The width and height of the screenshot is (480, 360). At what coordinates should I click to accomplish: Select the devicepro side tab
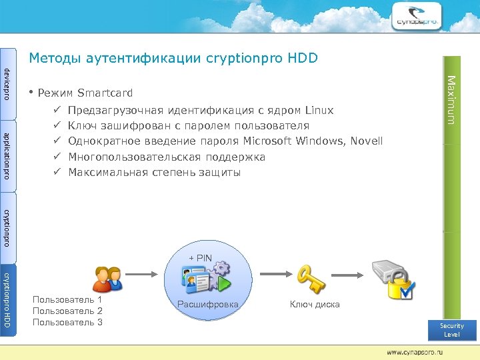tap(7, 83)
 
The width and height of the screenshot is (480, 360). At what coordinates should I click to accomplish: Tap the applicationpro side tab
tap(7, 155)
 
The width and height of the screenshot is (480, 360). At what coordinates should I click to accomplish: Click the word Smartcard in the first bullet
tap(105, 93)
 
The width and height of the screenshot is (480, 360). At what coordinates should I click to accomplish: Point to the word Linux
tap(319, 110)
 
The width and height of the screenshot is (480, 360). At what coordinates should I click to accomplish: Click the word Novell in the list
tap(366, 141)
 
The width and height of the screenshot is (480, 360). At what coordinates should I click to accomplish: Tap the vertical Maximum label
tap(451, 99)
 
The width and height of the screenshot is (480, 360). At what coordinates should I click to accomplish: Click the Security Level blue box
tap(452, 330)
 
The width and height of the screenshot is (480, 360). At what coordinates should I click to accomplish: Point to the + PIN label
tap(200, 258)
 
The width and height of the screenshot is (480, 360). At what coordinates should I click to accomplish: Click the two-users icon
tap(107, 279)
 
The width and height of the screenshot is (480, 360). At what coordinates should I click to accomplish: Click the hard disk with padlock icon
tap(394, 280)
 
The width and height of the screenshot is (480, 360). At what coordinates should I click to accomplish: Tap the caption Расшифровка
tap(207, 305)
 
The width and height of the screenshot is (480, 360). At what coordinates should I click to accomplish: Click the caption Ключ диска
tap(314, 305)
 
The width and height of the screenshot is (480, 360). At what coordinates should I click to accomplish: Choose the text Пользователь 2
tap(67, 311)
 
